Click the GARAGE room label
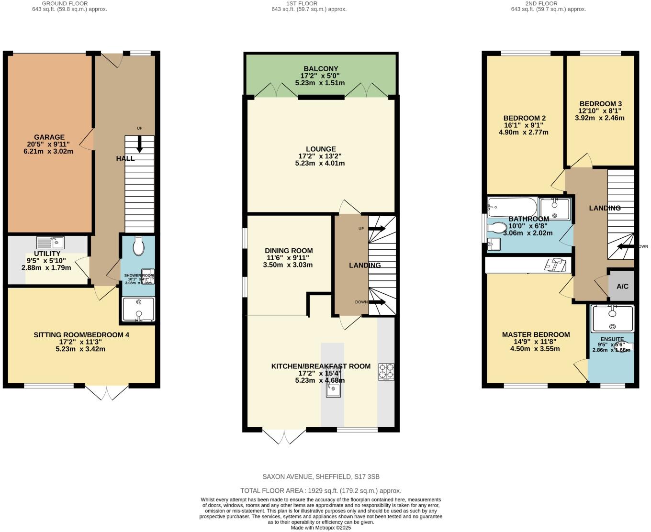point(49,137)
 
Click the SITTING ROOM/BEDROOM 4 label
point(81,335)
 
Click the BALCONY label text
point(320,69)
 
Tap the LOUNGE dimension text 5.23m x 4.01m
point(320,163)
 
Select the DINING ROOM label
point(289,251)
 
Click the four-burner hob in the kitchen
point(386,372)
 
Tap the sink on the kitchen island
point(333,390)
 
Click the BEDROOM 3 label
point(600,104)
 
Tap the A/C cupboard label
point(622,287)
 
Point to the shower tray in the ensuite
point(612,319)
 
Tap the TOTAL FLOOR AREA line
point(321,491)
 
